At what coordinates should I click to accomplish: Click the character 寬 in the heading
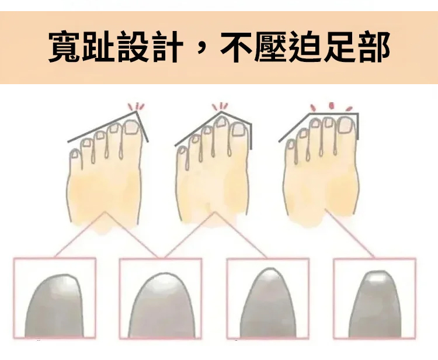point(65,47)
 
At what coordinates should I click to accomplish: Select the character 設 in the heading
point(133,47)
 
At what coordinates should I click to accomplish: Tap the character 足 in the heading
point(339,47)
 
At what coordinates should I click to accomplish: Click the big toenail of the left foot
point(131,127)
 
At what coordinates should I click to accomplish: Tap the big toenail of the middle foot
point(238,129)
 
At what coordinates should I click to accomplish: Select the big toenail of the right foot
point(346,124)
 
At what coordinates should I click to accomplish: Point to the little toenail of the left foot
point(75,154)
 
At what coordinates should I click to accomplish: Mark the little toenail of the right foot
point(291,145)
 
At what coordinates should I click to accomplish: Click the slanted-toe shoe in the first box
point(54,306)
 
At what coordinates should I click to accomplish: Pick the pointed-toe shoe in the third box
point(267,303)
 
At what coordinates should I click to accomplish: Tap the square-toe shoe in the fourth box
point(375,304)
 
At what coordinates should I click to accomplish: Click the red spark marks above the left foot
point(136,106)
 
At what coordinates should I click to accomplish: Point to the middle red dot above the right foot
point(332,105)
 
